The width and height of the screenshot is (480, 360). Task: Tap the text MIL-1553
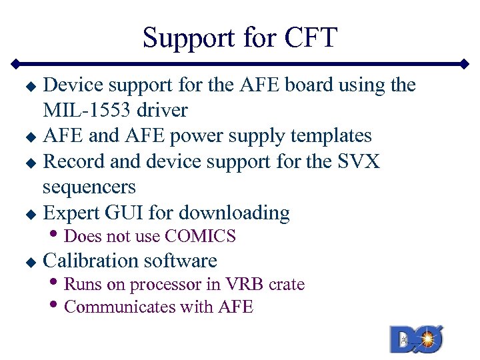click(87, 110)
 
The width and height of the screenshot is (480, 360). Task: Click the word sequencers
click(89, 187)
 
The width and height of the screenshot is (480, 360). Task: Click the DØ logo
click(417, 339)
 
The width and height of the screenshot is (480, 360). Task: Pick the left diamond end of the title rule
click(15, 65)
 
